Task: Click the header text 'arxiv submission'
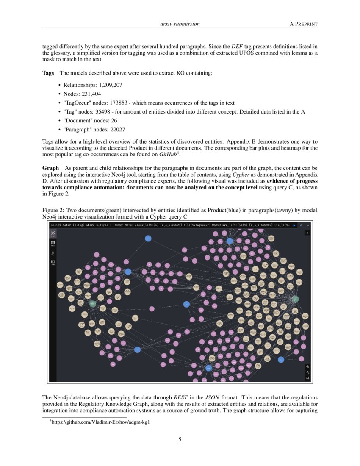[x=180, y=24]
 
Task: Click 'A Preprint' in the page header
[x=303, y=24]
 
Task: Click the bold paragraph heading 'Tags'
[x=48, y=73]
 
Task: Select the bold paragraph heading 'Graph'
[x=50, y=168]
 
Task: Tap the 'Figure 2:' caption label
[x=53, y=211]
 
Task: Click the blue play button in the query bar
[x=294, y=225]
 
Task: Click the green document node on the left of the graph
[x=92, y=303]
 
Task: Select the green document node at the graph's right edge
[x=296, y=299]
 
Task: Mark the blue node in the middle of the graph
[x=186, y=304]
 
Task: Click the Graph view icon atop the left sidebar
[x=53, y=234]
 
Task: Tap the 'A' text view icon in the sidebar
[x=53, y=253]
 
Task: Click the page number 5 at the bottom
[x=180, y=439]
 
